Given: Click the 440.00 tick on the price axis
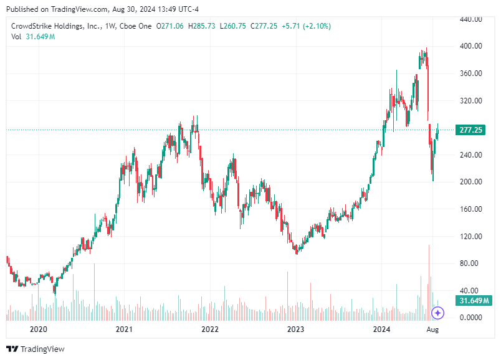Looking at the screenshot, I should (472, 19).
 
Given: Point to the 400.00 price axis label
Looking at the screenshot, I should (472, 46).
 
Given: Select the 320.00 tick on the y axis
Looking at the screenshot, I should (472, 100).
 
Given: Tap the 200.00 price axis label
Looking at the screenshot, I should (472, 182).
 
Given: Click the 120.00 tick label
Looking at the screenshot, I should (472, 236).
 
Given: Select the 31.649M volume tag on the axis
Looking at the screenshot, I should (472, 301).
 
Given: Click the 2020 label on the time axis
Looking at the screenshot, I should (39, 329).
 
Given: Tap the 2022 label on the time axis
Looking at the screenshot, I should (209, 329).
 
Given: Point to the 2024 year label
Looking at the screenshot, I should (381, 329).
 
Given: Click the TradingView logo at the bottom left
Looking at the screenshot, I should (36, 349).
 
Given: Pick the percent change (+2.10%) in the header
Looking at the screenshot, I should (317, 26).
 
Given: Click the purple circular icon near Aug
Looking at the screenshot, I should (438, 313).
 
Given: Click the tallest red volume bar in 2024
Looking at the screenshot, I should (429, 280).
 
